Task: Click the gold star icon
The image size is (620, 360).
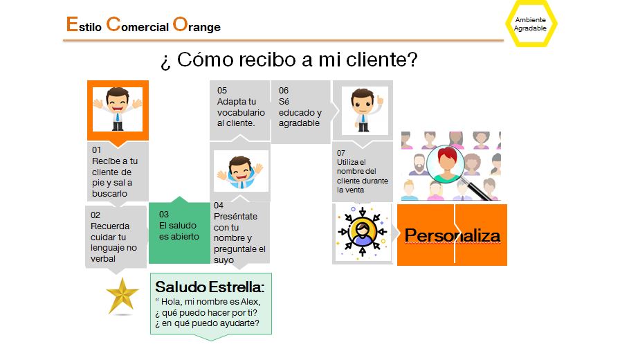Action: click(122, 296)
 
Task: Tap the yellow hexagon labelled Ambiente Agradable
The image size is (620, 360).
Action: click(531, 24)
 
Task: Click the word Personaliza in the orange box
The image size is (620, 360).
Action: click(453, 235)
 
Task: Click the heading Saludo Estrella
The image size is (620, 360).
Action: click(210, 287)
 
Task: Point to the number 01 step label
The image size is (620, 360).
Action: click(96, 150)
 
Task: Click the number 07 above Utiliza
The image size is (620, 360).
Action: click(341, 153)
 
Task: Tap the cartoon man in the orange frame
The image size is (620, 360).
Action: click(118, 109)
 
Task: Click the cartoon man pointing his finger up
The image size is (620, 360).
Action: click(365, 110)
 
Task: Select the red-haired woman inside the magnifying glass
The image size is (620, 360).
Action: click(446, 165)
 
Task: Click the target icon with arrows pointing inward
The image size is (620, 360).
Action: click(362, 232)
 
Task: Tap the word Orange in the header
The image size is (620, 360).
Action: click(197, 25)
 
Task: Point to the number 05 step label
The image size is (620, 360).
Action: click(222, 90)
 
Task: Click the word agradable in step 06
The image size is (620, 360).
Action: click(299, 123)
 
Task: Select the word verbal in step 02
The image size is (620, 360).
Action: click(103, 259)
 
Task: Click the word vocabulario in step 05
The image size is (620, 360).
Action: click(241, 112)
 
